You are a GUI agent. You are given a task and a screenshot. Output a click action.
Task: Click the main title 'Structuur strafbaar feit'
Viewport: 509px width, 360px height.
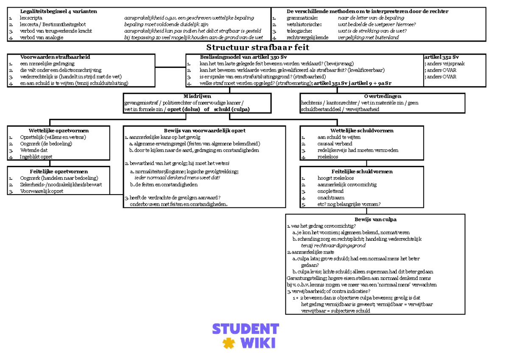tap(257, 47)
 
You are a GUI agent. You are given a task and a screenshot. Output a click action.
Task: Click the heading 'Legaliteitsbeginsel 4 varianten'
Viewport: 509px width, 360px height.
tap(59, 11)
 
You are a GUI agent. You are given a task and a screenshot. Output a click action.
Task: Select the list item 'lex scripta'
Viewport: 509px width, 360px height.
tap(31, 18)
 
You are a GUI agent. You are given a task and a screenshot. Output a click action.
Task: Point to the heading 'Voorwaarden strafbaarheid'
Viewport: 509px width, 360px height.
tap(55, 57)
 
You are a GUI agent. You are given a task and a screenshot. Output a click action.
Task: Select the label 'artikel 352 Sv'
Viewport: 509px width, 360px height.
tap(442, 57)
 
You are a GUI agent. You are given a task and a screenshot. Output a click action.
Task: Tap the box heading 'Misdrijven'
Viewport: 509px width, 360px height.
tap(197, 96)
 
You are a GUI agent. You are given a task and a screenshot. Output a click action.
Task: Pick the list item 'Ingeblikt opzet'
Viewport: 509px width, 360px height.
tap(36, 157)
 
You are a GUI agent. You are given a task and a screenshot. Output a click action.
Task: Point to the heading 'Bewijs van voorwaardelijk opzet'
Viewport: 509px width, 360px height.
tap(205, 131)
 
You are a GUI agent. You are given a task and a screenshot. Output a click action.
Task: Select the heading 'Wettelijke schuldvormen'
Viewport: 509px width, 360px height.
tap(362, 131)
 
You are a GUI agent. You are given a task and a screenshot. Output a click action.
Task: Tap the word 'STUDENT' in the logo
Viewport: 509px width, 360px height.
tap(245, 329)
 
